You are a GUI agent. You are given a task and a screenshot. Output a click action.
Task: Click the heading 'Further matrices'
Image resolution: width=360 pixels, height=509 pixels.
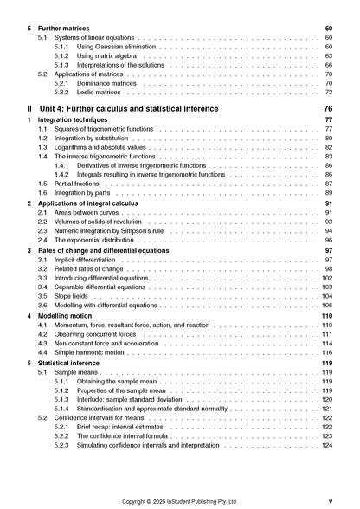pyautogui.click(x=67, y=29)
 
